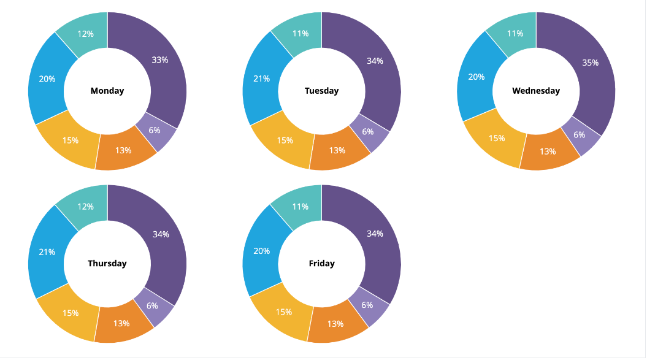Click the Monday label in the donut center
[x=107, y=91]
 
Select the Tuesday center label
[x=321, y=91]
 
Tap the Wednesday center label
[x=536, y=91]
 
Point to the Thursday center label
[x=107, y=264]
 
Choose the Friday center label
[x=321, y=264]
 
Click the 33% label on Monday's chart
[x=160, y=60]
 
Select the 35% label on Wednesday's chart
[x=590, y=63]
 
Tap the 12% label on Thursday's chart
[x=86, y=207]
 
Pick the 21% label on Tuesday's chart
[x=261, y=79]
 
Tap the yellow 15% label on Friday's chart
[x=284, y=312]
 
